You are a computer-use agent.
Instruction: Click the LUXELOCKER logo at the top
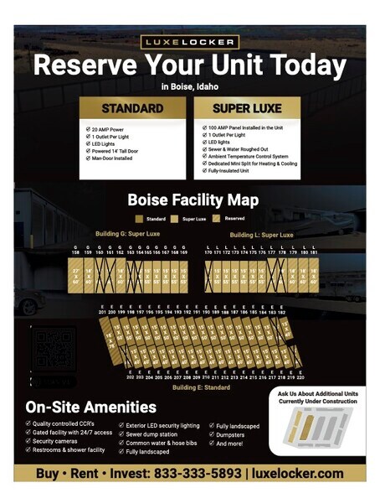[x=190, y=42]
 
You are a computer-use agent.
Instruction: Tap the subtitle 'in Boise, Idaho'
[x=190, y=86]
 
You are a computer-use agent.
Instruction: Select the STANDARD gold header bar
[x=131, y=109]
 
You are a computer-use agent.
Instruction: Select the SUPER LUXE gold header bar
[x=247, y=109]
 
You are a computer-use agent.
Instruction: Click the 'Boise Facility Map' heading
[x=193, y=200]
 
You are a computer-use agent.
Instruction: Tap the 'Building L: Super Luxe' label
[x=261, y=235]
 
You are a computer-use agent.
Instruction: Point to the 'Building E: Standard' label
[x=201, y=387]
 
